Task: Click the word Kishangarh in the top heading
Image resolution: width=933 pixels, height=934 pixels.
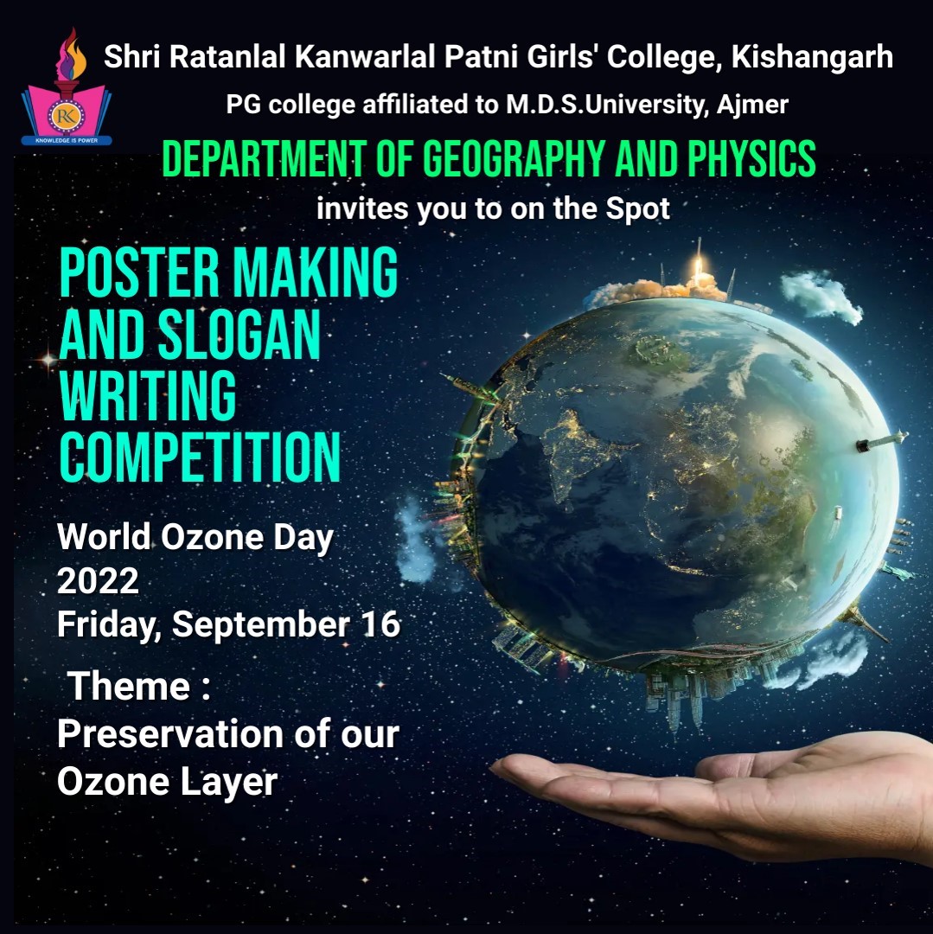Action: tap(812, 57)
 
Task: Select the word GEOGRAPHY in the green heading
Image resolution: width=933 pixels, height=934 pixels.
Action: tap(514, 159)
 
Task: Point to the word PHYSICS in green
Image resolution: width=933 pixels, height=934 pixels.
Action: tap(751, 159)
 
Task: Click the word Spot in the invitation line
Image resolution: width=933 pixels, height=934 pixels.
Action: tap(637, 209)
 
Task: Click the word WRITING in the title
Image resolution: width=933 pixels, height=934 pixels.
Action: tap(148, 396)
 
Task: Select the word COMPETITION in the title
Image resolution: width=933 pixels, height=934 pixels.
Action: tap(200, 457)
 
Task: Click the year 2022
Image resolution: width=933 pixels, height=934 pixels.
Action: tap(98, 581)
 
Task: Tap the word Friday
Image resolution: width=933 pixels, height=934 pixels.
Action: tap(109, 625)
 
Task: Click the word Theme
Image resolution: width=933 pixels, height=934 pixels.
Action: tap(129, 686)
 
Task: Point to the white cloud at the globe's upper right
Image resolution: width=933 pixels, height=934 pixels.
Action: tap(821, 297)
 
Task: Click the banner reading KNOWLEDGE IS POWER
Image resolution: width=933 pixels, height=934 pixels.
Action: tap(67, 141)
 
